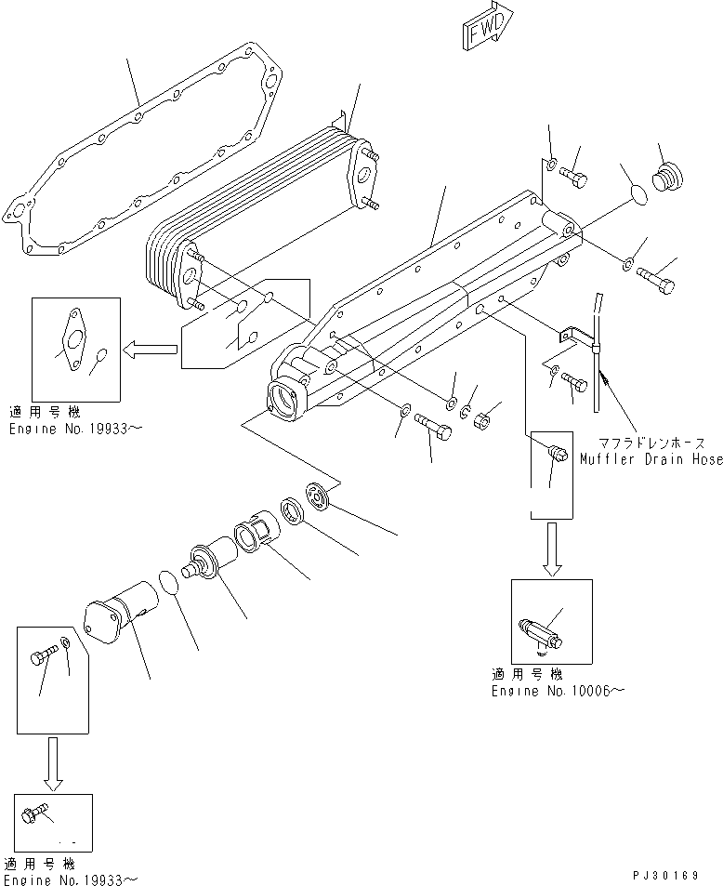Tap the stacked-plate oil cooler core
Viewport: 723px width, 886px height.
251,209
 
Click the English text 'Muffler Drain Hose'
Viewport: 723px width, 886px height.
651,458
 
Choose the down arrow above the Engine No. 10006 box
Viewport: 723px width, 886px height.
550,549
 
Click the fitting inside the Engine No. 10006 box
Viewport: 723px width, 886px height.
539,632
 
